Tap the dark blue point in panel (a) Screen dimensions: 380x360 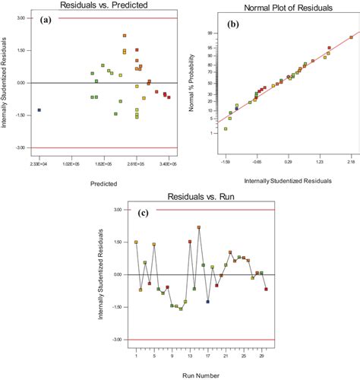(x=39, y=110)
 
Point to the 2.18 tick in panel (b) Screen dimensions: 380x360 (x=351, y=162)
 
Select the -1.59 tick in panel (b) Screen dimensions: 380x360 (x=226, y=162)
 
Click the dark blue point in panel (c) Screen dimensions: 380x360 (x=207, y=302)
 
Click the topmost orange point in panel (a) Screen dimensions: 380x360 (x=125, y=36)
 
